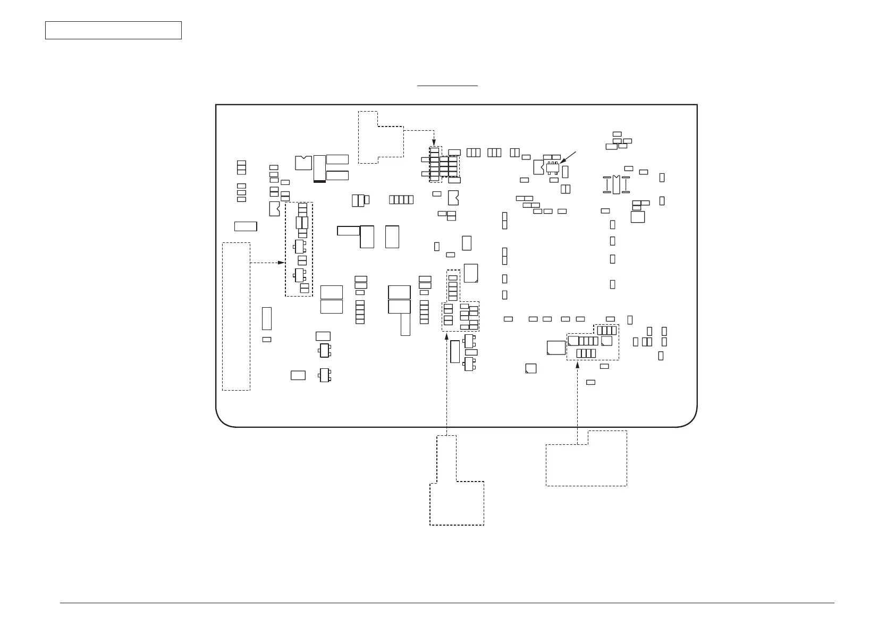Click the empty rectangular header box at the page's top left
113,30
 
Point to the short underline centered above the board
448,85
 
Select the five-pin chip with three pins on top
553,167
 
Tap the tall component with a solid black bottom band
319,168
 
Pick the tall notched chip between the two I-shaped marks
616,184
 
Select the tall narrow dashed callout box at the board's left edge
236,316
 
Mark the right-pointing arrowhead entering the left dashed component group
282,263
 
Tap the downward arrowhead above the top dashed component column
434,143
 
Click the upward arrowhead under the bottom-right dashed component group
577,365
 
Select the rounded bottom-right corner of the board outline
689,419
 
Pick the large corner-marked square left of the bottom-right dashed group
556,348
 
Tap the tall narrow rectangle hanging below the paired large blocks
406,324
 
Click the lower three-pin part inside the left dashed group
300,275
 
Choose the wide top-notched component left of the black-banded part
303,163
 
